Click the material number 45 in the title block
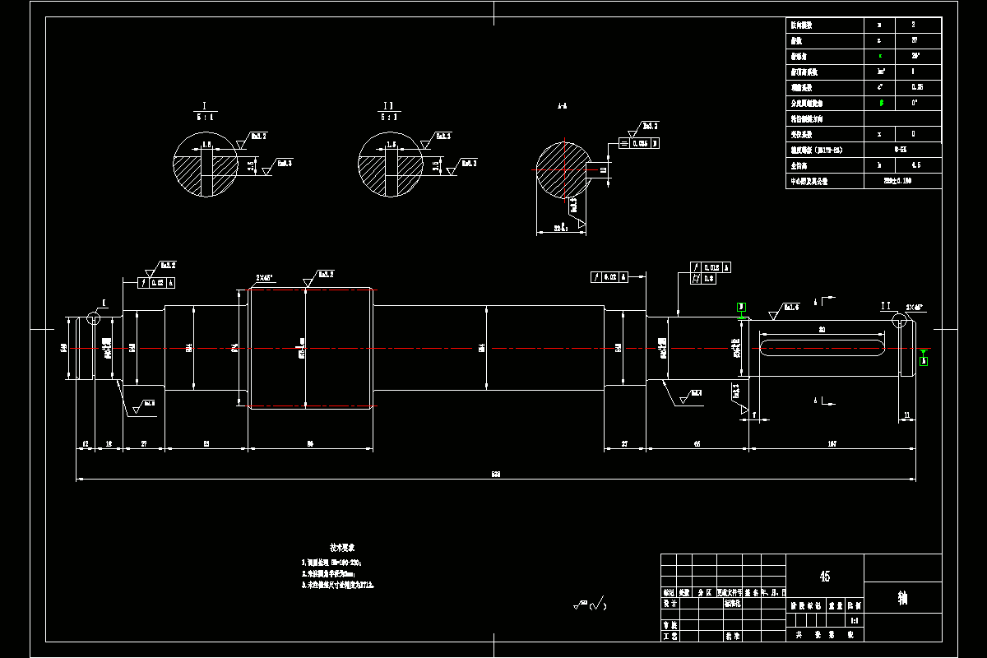(x=825, y=577)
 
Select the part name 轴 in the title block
(x=902, y=598)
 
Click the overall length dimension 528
(x=495, y=474)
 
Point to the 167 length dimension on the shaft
(x=832, y=443)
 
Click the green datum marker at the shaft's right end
(x=923, y=360)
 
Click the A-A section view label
(x=562, y=107)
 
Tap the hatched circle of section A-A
(x=563, y=169)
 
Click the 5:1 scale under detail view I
(x=204, y=118)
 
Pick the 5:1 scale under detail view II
(x=389, y=118)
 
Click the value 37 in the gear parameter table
(x=913, y=40)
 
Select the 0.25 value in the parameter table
(x=913, y=87)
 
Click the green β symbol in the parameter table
(x=881, y=103)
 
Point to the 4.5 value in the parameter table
(x=913, y=165)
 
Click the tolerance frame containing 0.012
(x=711, y=267)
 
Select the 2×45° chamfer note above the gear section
(x=266, y=278)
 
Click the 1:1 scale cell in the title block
(x=854, y=622)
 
